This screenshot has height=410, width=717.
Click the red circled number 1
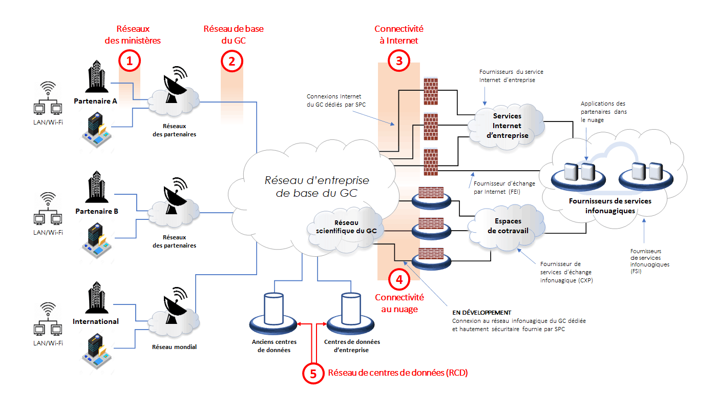pos(130,61)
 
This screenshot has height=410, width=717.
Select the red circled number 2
pos(231,61)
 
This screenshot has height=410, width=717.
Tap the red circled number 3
pos(399,61)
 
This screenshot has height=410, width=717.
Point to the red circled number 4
pos(399,280)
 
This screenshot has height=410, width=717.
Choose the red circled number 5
pos(313,373)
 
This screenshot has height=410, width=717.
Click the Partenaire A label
pos(95,100)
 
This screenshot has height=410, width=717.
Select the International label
pos(96,321)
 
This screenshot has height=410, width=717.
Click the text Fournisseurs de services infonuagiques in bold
pos(610,206)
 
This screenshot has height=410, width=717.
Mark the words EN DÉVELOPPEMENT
pos(481,313)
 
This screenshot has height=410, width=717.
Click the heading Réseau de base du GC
pos(234,34)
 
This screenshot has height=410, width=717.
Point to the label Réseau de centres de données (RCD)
pos(397,373)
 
